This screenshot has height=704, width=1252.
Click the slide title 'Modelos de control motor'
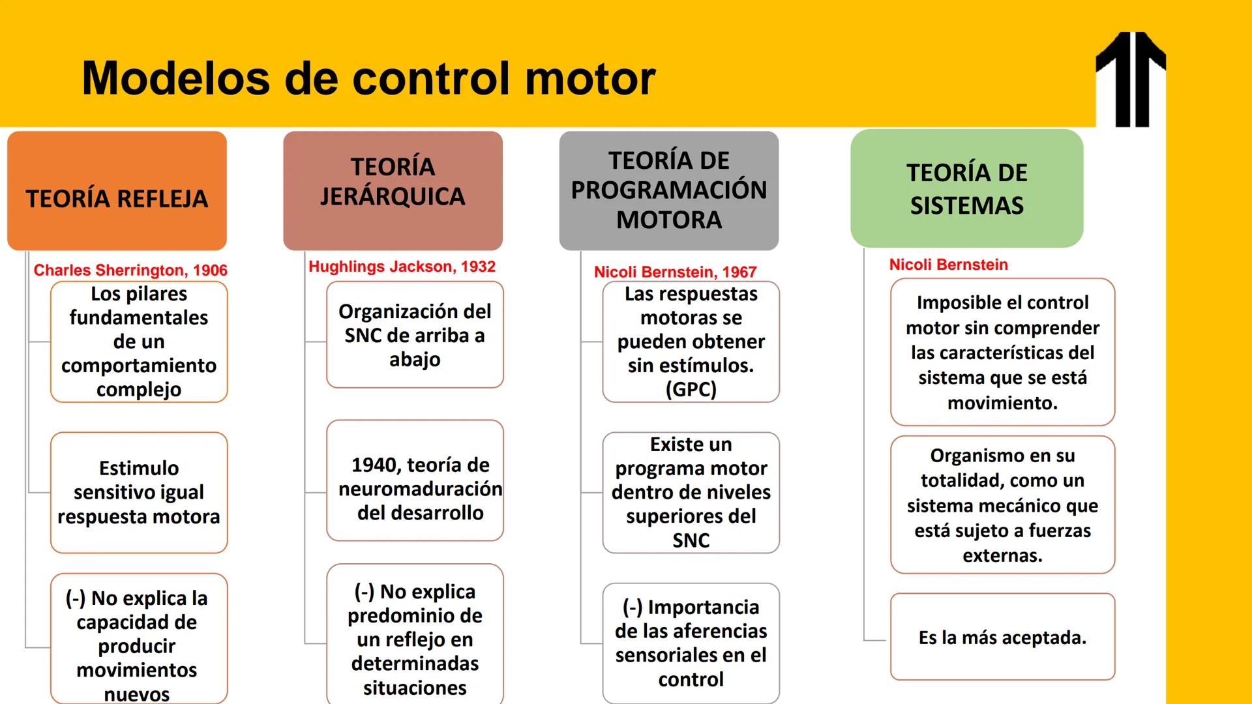point(368,79)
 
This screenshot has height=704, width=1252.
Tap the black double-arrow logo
point(1131,79)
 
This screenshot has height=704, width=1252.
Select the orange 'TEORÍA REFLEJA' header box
point(117,191)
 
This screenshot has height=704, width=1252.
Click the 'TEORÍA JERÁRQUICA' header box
point(393,191)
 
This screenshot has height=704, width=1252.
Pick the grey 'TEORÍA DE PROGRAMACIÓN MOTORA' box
point(669,191)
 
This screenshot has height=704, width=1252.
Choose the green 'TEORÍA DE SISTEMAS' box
point(967,188)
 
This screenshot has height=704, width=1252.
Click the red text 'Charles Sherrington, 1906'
point(130,271)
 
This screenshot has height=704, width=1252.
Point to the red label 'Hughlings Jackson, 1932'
point(402,267)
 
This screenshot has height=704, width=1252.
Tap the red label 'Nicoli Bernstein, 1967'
point(675,272)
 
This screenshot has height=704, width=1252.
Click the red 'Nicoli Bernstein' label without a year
point(949,265)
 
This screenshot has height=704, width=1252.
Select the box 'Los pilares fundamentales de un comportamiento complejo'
point(139,342)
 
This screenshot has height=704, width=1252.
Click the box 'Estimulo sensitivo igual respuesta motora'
point(139,493)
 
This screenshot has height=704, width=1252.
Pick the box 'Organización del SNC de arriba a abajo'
point(415,335)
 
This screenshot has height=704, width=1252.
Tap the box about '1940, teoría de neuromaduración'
point(415,480)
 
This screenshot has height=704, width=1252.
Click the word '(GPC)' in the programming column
point(691,389)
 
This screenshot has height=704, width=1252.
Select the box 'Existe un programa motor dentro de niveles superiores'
point(691,493)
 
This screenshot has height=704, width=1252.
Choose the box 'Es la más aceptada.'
point(1003,637)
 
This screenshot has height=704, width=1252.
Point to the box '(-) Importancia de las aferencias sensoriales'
point(691,643)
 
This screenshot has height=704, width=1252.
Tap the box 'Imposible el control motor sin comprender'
point(1003,352)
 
